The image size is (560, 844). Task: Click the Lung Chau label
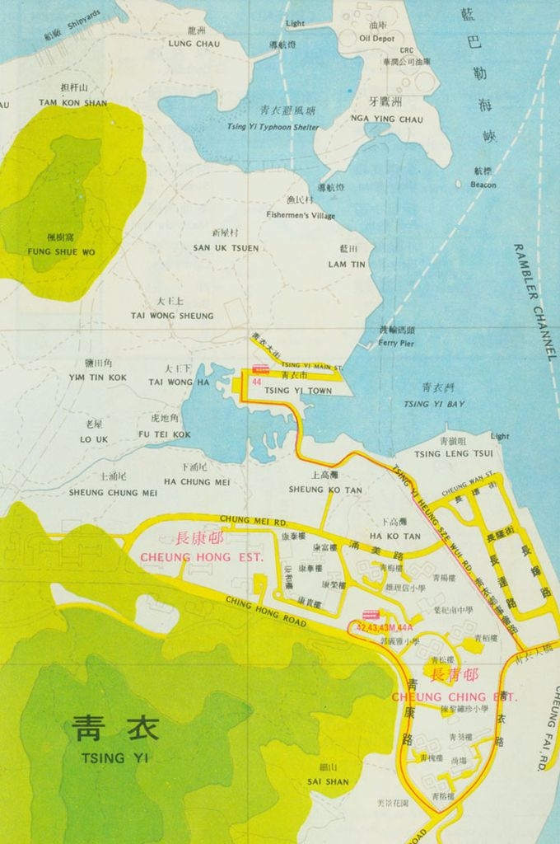(x=194, y=44)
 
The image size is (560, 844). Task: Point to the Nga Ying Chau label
(x=386, y=120)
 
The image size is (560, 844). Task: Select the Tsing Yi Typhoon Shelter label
(x=273, y=127)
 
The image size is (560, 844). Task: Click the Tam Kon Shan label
(x=72, y=103)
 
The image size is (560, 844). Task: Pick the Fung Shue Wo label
(x=61, y=251)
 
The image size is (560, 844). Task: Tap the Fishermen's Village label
(x=301, y=215)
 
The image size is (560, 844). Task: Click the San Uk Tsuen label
(x=226, y=248)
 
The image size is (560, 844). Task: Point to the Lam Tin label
(x=347, y=265)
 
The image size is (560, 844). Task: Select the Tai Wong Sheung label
(x=171, y=316)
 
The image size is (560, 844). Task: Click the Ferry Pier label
(x=396, y=343)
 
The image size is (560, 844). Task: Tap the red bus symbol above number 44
(x=260, y=370)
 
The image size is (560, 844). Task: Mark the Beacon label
(x=483, y=185)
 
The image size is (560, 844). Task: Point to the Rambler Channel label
(x=534, y=302)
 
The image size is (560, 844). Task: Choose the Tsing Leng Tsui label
(x=453, y=454)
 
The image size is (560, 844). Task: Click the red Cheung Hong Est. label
(x=202, y=557)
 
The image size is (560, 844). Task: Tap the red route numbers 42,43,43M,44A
(x=384, y=628)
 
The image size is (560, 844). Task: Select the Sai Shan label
(x=328, y=781)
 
